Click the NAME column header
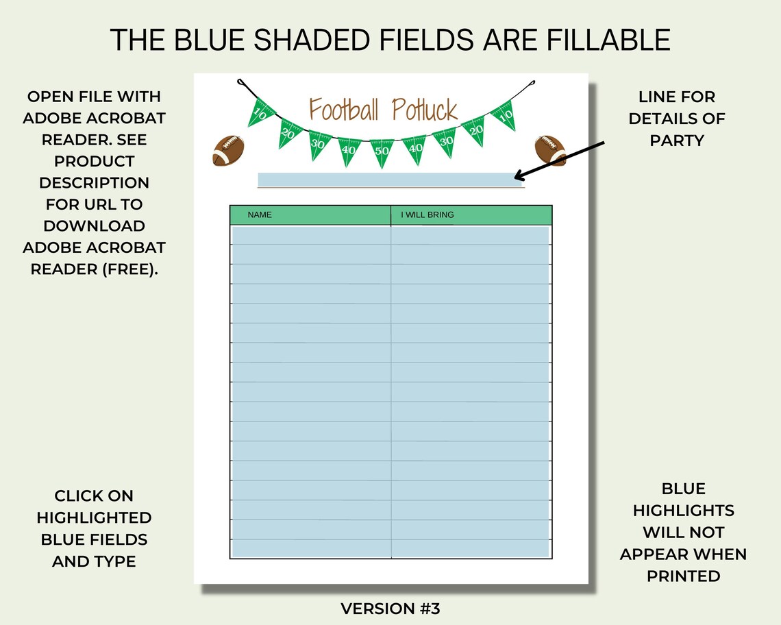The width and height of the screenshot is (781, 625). click(260, 215)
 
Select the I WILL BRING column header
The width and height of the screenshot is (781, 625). click(427, 215)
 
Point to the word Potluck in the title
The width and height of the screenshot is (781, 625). click(425, 109)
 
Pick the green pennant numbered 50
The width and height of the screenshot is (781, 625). click(382, 151)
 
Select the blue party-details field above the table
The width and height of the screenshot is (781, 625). click(389, 180)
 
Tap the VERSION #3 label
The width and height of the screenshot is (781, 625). click(390, 609)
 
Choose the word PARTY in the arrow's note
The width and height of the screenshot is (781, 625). click(677, 140)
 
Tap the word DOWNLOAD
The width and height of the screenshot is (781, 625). click(94, 226)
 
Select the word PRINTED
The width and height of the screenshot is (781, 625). click(683, 576)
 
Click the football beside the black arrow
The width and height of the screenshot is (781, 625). click(550, 149)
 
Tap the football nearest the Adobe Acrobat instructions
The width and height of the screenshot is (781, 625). click(227, 150)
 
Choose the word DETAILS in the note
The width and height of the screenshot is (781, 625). click(677, 119)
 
